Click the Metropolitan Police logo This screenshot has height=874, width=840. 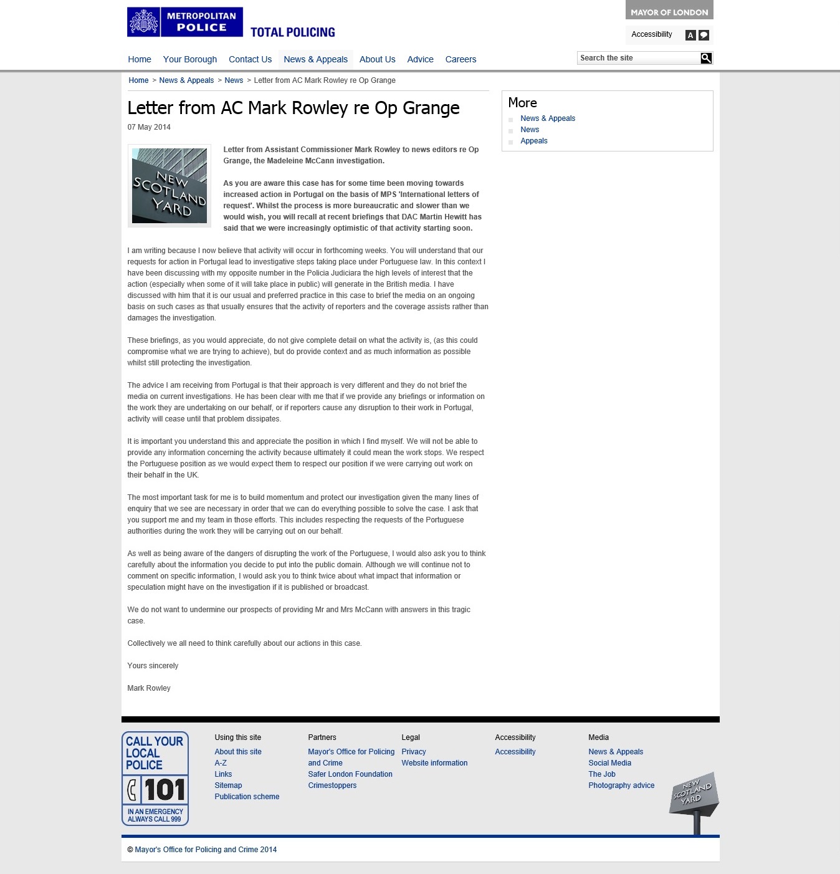(x=184, y=22)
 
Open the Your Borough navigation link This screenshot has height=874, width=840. (x=190, y=59)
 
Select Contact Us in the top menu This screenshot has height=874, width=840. (x=250, y=59)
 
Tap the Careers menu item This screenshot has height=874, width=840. (x=461, y=59)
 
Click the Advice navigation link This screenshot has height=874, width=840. (x=420, y=59)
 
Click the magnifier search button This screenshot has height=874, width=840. (x=706, y=58)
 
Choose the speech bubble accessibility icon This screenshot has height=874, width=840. (x=704, y=36)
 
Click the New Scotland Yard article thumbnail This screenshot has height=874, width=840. (x=169, y=186)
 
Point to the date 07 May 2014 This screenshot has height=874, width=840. (x=149, y=127)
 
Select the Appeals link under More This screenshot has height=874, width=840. (x=534, y=141)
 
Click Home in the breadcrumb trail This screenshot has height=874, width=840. (x=138, y=80)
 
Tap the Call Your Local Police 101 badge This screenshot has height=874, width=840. (x=155, y=779)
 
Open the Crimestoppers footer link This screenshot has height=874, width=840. (x=332, y=785)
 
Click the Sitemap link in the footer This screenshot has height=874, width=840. (x=228, y=785)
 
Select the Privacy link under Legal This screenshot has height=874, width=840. (x=414, y=752)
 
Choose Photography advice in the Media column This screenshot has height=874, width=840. (x=621, y=785)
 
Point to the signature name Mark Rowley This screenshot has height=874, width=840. (x=149, y=688)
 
